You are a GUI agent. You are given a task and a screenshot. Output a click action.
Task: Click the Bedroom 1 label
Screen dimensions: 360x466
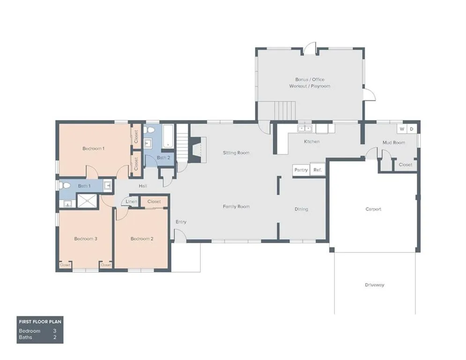[93, 149]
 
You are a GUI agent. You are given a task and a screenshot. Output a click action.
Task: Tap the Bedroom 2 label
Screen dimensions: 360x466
[141, 239]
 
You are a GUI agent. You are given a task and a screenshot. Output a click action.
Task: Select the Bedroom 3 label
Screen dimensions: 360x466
[86, 239]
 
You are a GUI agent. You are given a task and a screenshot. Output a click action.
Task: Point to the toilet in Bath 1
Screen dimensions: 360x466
[65, 186]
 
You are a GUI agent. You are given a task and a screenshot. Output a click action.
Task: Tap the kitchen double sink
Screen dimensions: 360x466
[305, 128]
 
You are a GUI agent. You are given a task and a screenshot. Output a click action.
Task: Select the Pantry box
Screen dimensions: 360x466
[301, 170]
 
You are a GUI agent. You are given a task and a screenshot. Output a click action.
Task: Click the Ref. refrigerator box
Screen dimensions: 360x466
[317, 170]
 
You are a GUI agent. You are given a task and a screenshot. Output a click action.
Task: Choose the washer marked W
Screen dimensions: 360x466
[402, 129]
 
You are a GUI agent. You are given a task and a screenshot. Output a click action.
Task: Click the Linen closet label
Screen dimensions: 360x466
[132, 202]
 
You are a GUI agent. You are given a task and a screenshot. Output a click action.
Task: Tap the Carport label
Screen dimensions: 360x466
[373, 209]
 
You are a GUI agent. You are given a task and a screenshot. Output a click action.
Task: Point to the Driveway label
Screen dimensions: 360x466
[375, 285]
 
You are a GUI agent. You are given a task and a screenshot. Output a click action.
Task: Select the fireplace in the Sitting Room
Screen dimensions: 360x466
[199, 150]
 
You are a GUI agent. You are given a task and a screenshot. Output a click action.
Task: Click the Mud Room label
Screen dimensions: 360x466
[393, 142]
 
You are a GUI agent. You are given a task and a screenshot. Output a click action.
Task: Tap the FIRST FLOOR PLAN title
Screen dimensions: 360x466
[40, 322]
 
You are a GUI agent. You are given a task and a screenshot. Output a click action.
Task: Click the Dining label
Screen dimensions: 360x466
[301, 209]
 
